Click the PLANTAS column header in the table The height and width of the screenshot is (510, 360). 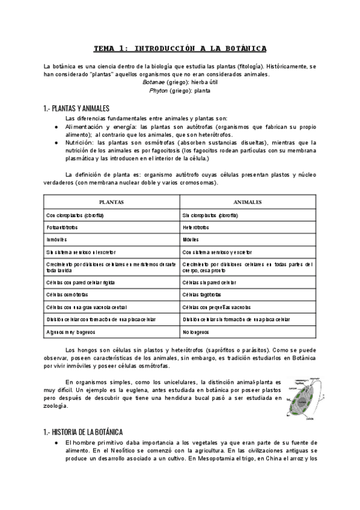111,203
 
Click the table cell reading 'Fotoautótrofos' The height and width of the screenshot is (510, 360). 62,228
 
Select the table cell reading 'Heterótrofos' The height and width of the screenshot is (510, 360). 196,228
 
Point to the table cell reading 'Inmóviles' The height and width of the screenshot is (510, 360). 55,240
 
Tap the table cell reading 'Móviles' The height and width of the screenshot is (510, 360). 192,240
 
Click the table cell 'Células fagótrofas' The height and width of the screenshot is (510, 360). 201,295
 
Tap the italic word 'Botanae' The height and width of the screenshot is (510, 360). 153,82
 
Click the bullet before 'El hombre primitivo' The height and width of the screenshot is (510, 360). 56,443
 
